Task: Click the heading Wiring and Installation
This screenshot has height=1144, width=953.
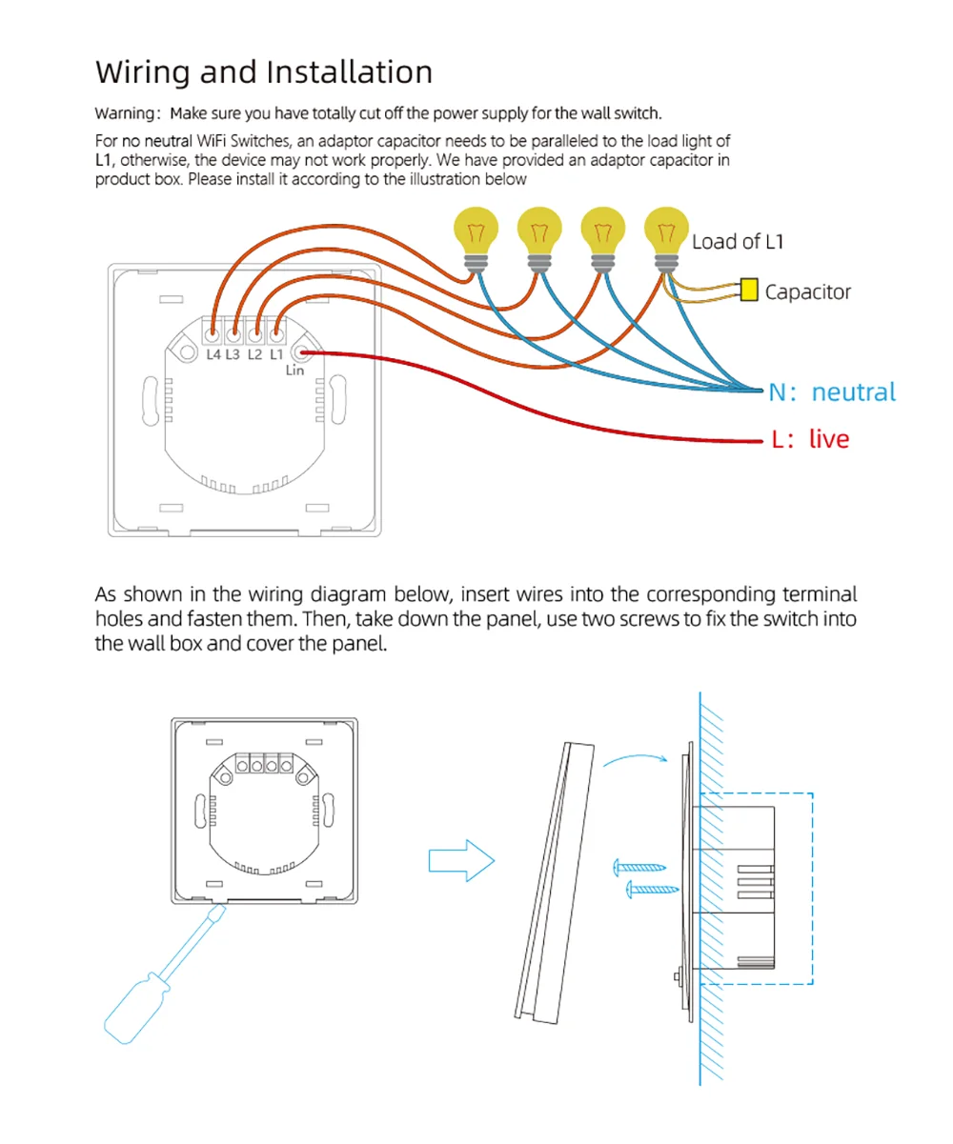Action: [x=264, y=72]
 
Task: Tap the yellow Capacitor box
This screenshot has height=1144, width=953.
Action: [x=749, y=290]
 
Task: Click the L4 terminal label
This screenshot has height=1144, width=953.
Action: [x=213, y=355]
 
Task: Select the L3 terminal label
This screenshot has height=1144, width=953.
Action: [x=233, y=355]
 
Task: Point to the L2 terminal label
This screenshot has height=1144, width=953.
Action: [x=254, y=355]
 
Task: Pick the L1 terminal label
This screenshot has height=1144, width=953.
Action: [x=275, y=355]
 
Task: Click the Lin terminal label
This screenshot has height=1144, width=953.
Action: [x=295, y=371]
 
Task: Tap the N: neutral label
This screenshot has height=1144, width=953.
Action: [x=833, y=391]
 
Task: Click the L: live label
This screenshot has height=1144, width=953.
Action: [x=809, y=439]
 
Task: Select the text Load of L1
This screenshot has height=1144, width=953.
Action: [x=738, y=242]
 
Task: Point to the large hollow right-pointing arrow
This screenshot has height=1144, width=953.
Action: [x=461, y=861]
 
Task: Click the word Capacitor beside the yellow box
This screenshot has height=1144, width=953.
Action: [x=808, y=291]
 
